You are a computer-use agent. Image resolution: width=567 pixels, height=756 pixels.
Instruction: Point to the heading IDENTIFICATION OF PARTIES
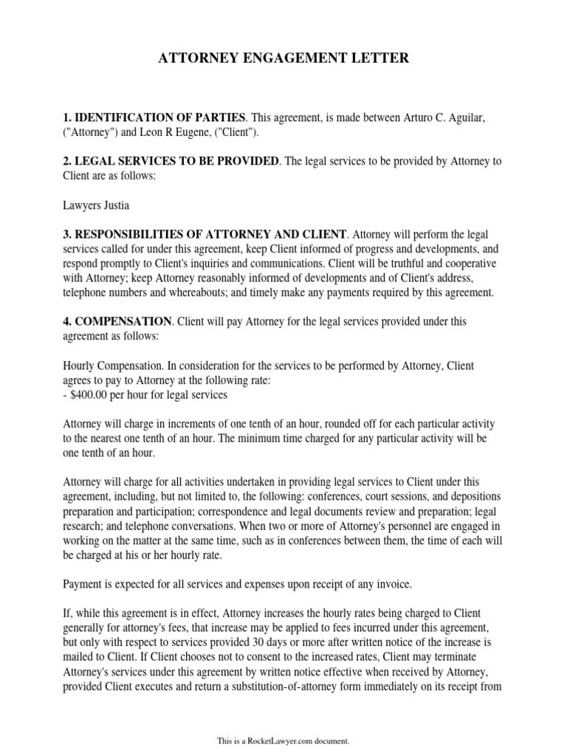157,117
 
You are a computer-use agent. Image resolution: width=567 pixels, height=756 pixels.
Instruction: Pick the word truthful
396,264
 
